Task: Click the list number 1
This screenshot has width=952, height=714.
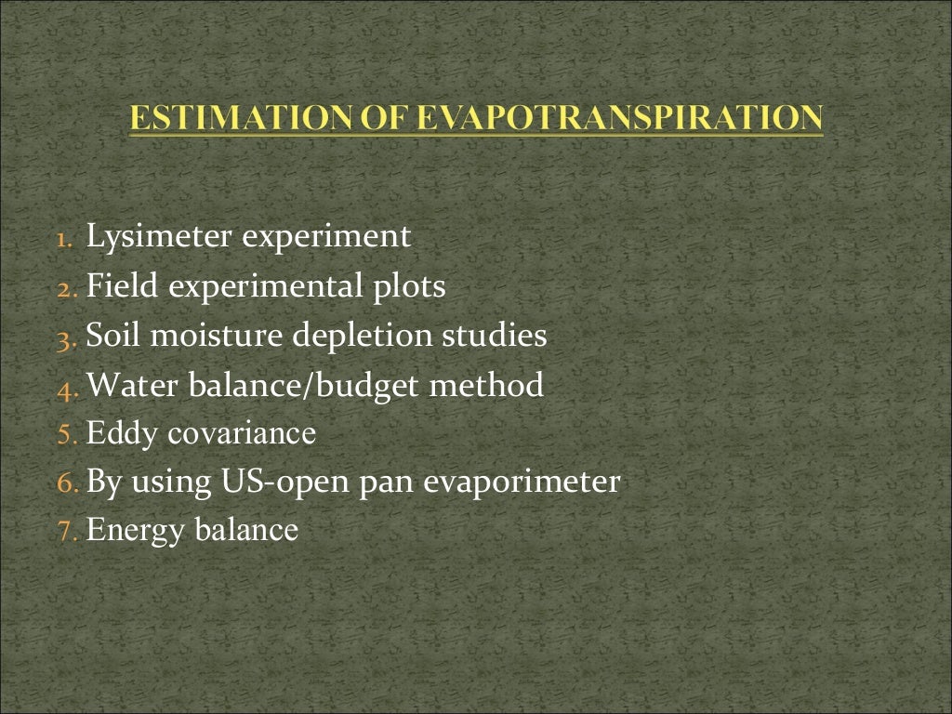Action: click(x=63, y=239)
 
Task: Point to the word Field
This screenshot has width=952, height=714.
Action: click(x=122, y=286)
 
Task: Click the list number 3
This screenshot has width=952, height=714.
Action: click(x=63, y=337)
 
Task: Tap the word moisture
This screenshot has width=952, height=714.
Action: click(x=224, y=336)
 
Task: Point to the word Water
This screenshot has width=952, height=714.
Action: click(x=130, y=385)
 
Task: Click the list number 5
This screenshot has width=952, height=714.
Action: click(x=63, y=435)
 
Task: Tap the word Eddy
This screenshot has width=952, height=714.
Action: click(x=122, y=434)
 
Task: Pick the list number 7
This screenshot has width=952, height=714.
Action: click(x=63, y=533)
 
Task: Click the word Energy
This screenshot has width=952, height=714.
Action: click(x=137, y=532)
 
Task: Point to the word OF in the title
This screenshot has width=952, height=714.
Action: click(x=381, y=118)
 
